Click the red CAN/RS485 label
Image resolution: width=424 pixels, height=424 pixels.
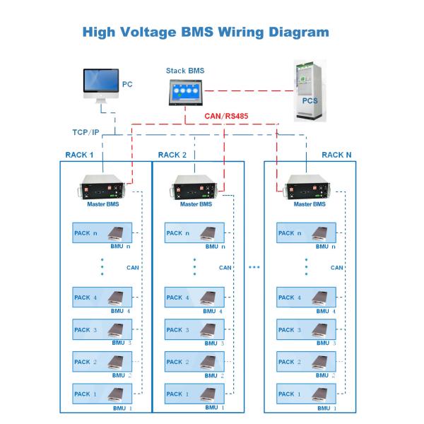pos(228,117)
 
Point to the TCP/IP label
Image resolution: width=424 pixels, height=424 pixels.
pos(86,133)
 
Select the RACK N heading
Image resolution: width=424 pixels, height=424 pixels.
pos(336,155)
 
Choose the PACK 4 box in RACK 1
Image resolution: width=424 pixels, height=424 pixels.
pos(102,298)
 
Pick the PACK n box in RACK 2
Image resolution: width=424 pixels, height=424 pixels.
pos(194,233)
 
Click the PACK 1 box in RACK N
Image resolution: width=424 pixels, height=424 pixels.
pos(306,394)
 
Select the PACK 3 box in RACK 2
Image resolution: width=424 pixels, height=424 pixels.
pos(194,330)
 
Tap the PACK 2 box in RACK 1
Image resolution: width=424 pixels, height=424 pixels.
pos(102,362)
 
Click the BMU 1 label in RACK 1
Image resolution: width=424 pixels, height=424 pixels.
pos(122,408)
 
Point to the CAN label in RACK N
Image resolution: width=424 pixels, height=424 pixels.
pos(337,268)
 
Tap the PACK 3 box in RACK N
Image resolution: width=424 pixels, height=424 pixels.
pos(306,330)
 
